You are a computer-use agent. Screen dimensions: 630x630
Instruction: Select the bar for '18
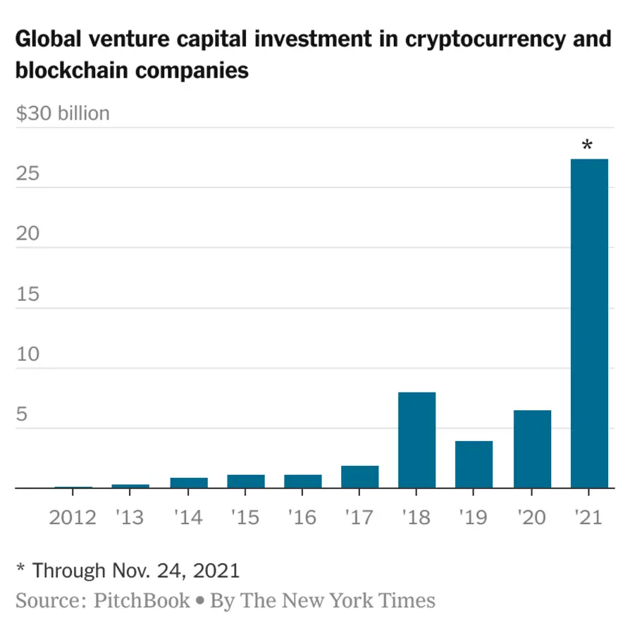[x=416, y=440]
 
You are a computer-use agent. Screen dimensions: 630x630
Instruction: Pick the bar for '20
[x=532, y=449]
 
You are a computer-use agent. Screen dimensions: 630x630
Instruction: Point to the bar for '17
[x=359, y=477]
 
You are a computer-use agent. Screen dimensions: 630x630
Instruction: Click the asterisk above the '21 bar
[x=587, y=147]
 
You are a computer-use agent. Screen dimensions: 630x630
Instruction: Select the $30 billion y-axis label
[x=63, y=113]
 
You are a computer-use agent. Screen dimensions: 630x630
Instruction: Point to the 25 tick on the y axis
[x=27, y=173]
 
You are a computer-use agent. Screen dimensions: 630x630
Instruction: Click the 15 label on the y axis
[x=27, y=294]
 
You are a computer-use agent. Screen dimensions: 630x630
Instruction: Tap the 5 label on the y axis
[x=23, y=414]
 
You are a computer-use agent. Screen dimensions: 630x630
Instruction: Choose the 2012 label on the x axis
[x=73, y=518]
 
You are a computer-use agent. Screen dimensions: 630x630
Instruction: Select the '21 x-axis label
[x=588, y=518]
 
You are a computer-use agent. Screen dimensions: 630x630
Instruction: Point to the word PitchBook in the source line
[x=141, y=600]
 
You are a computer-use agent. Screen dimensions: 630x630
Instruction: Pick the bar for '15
[x=245, y=481]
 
